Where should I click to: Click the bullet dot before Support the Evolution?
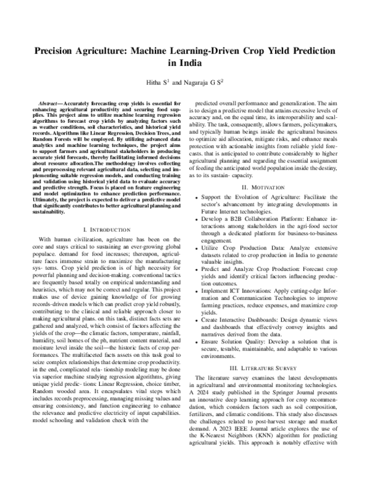(196, 180)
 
